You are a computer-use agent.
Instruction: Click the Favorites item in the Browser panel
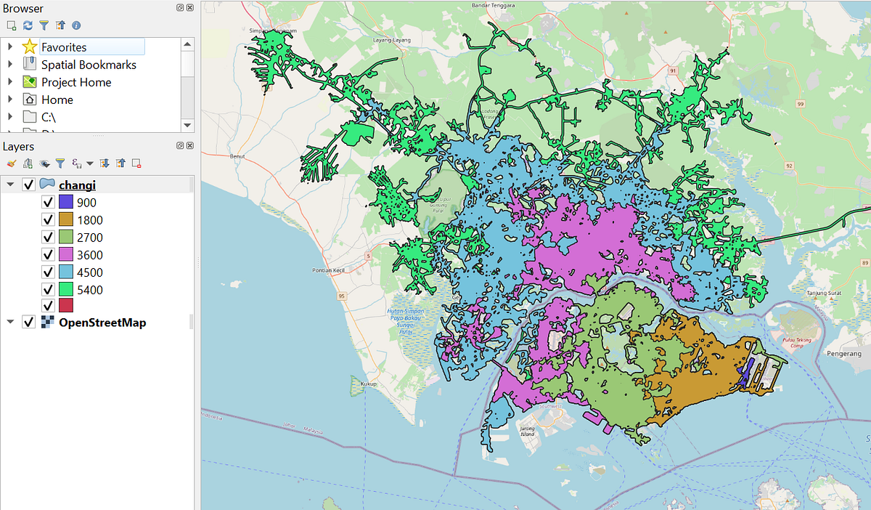(63, 47)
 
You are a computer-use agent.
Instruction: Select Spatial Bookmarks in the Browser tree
(88, 65)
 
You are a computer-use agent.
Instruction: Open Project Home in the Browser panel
(75, 82)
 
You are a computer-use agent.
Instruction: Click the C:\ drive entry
(49, 117)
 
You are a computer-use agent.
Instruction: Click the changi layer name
(77, 185)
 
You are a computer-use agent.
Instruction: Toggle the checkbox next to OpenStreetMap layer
(29, 322)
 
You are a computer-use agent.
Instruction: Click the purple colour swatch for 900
(66, 203)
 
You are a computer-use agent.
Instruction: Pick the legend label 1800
(89, 220)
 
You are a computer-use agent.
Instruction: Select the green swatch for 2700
(66, 238)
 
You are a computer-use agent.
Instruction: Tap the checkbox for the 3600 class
(48, 255)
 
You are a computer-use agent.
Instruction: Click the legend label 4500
(89, 272)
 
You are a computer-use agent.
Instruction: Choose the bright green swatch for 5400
(66, 290)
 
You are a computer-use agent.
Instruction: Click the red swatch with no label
(66, 306)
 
